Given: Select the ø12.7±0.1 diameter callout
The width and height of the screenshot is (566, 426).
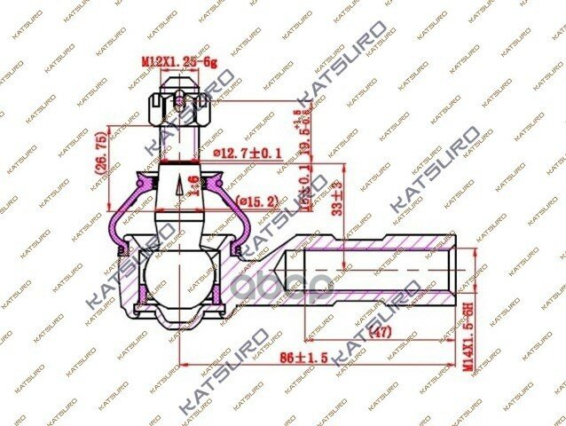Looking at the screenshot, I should [247, 153].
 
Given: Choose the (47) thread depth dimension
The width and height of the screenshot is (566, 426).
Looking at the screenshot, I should [379, 333].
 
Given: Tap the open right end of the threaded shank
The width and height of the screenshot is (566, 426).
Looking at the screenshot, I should [457, 264].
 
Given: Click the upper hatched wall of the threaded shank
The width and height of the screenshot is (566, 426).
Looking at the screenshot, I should [373, 242].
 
